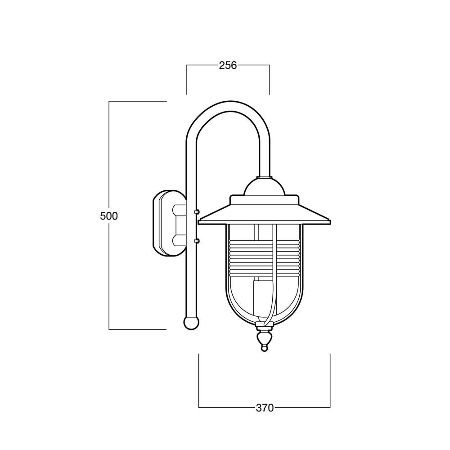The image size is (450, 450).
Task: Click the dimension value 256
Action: pyautogui.click(x=228, y=65)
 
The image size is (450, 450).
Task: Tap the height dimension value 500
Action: pyautogui.click(x=109, y=216)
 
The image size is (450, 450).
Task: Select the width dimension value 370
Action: pyautogui.click(x=265, y=408)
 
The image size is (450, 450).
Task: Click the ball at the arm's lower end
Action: pyautogui.click(x=191, y=323)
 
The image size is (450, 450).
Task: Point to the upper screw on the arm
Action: pyautogui.click(x=197, y=212)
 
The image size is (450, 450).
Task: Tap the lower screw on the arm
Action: pyautogui.click(x=197, y=241)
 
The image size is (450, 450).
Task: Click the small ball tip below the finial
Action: pyautogui.click(x=264, y=348)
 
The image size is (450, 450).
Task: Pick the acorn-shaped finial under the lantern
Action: pyautogui.click(x=264, y=339)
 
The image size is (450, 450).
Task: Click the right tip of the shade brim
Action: pyautogui.click(x=331, y=221)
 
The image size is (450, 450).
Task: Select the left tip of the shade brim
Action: pyautogui.click(x=198, y=221)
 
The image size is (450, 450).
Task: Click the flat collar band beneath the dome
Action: pyautogui.click(x=264, y=200)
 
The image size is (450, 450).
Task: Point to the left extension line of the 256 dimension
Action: pyautogui.click(x=187, y=80)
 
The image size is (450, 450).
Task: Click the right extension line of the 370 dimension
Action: pyautogui.click(x=330, y=381)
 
